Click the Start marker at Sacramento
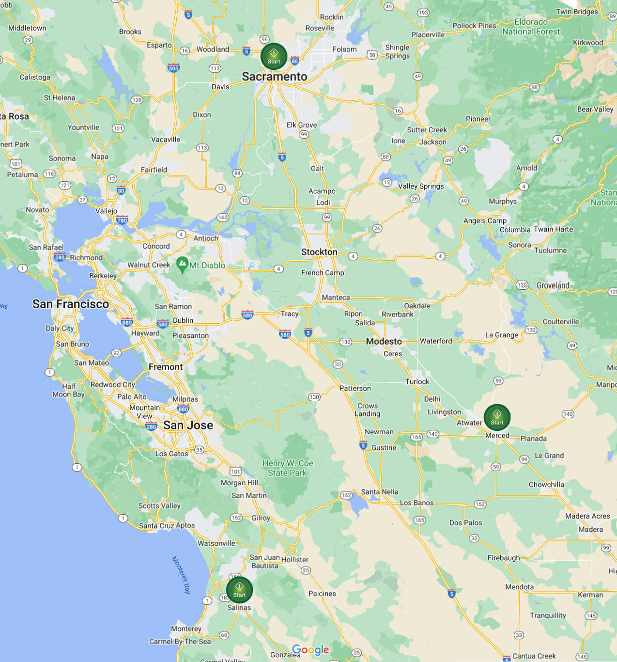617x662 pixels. coord(274,57)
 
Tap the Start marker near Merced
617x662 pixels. coord(497,417)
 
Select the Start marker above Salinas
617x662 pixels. coord(239,590)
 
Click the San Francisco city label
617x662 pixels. coord(71,304)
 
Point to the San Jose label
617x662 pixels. coord(188,426)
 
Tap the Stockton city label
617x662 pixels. coord(319,252)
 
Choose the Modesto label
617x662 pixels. coord(384,342)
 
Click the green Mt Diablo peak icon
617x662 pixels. coord(182,265)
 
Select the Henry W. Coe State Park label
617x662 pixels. coord(288,468)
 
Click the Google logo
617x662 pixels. coord(310,650)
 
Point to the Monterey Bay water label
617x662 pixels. coord(181,575)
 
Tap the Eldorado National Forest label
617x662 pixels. coord(531,27)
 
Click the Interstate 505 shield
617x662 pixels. coord(173,68)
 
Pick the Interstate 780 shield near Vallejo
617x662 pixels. coord(122,220)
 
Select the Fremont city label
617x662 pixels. coord(166,367)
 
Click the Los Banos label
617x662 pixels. coord(416,503)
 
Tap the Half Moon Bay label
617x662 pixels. coord(68,390)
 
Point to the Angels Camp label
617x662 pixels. coord(485,221)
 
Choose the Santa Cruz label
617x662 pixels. coord(156,526)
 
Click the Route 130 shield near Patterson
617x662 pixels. coord(314,397)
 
